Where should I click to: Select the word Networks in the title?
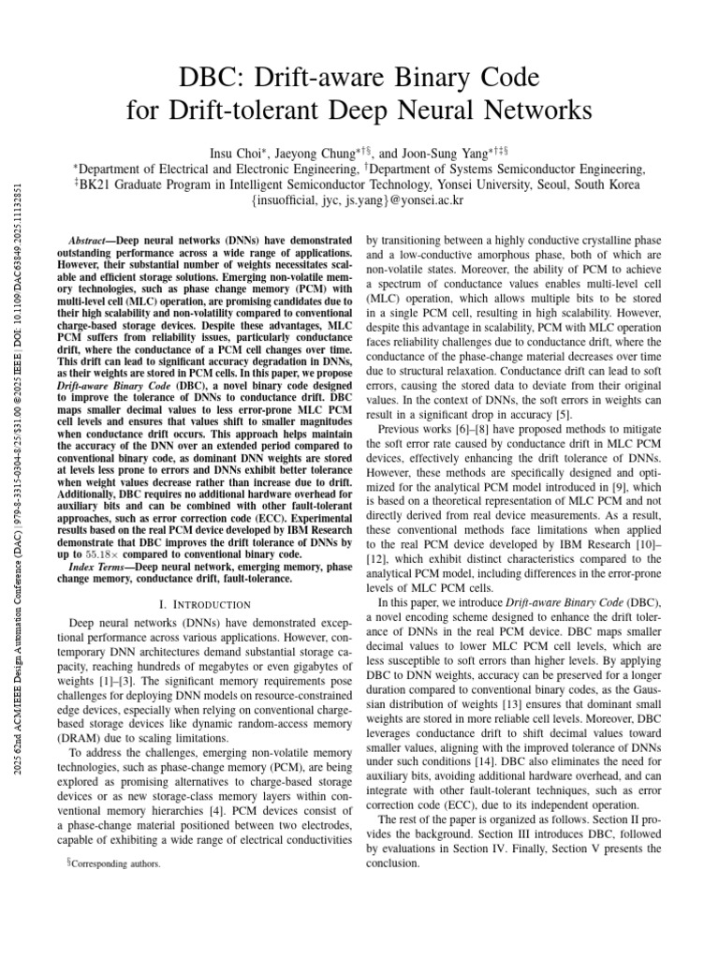coord(534,111)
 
